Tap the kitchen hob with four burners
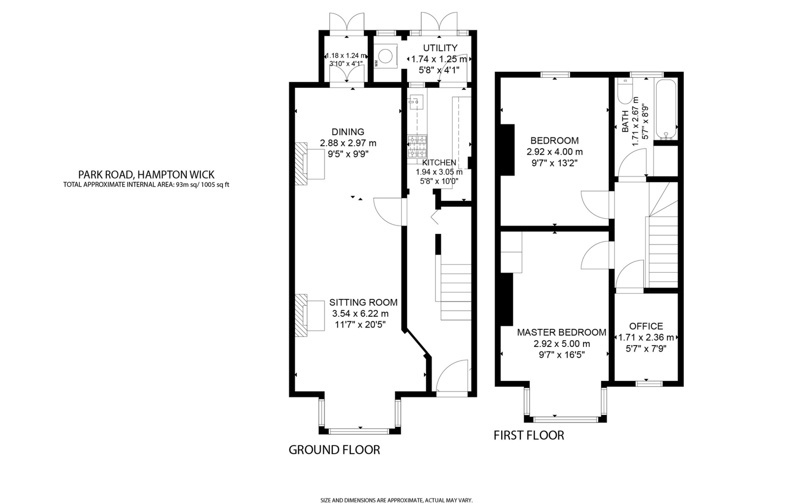point(417,146)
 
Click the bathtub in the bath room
point(666,110)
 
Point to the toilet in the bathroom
point(625,92)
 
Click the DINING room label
point(348,132)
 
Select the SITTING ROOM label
point(363,302)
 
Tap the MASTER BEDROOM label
point(561,333)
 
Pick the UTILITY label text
point(440,48)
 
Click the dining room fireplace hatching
point(301,164)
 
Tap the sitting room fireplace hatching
point(301,315)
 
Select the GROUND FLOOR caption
point(334,450)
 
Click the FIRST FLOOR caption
point(529,435)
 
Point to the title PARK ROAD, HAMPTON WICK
point(146,174)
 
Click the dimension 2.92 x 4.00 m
point(555,152)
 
